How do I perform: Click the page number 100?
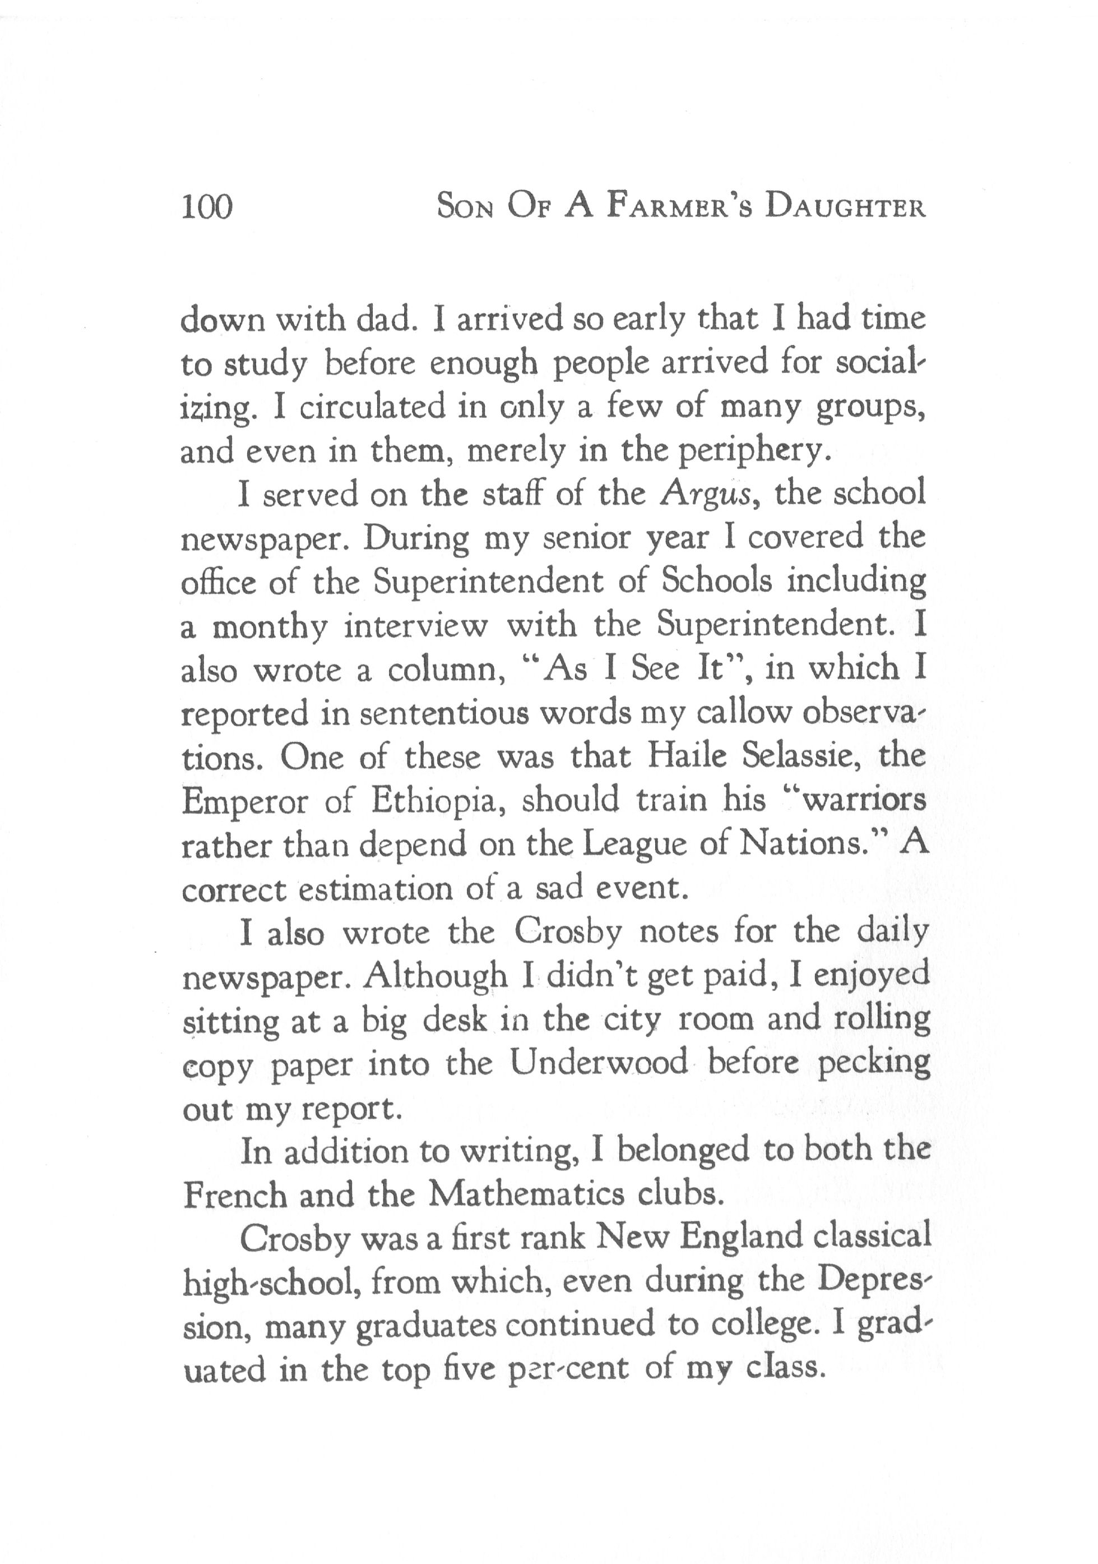(x=207, y=206)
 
